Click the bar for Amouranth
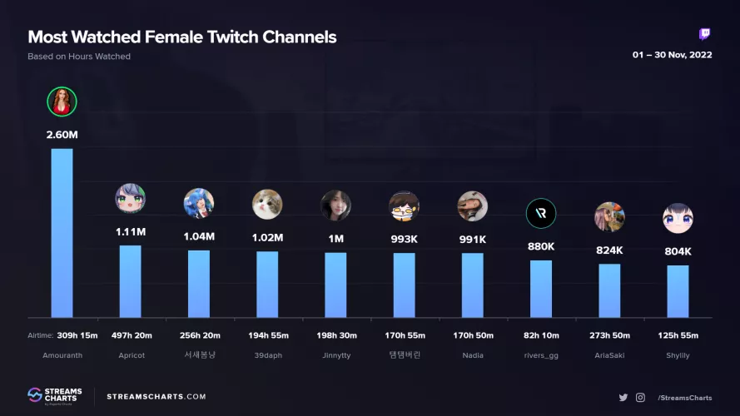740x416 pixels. [x=62, y=233]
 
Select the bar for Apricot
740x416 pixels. [x=131, y=281]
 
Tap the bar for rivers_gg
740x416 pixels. [x=541, y=289]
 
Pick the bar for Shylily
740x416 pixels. [x=678, y=291]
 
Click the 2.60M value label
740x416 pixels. [x=62, y=134]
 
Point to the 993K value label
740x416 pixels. [x=404, y=239]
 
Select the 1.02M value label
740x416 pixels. [x=267, y=237]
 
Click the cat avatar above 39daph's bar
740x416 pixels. [x=267, y=204]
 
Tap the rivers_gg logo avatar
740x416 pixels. [x=541, y=214]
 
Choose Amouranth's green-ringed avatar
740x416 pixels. [x=62, y=102]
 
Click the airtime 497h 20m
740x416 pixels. [x=131, y=335]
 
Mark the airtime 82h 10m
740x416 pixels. [x=541, y=335]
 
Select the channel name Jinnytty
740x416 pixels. [x=335, y=355]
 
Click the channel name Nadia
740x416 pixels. [x=472, y=355]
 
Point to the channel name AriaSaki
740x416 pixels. [x=609, y=355]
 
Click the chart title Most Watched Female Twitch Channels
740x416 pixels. [x=182, y=37]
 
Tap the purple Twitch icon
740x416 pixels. [x=705, y=34]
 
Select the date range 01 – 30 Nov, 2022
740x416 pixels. [x=672, y=56]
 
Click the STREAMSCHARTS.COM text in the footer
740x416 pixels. [x=156, y=397]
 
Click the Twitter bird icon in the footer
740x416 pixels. [x=623, y=398]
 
